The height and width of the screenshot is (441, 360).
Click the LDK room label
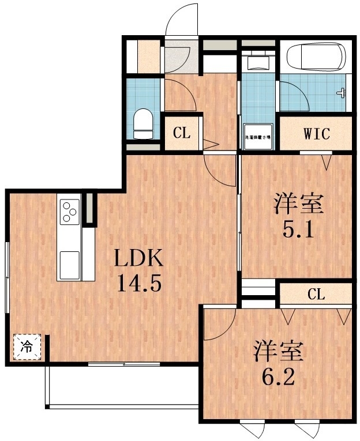tap(139, 260)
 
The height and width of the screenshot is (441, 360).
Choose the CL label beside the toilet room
tap(182, 134)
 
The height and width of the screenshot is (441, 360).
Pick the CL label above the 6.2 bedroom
tap(316, 295)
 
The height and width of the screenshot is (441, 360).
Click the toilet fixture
tap(142, 123)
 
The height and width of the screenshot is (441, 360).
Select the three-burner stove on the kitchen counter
tap(70, 211)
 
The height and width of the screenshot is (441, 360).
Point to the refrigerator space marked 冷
tap(27, 346)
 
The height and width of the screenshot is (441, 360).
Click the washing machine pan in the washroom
tap(258, 137)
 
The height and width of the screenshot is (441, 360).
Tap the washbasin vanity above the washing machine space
tap(257, 60)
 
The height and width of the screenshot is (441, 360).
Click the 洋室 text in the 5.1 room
tap(298, 203)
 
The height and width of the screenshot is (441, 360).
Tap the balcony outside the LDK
tap(121, 386)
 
